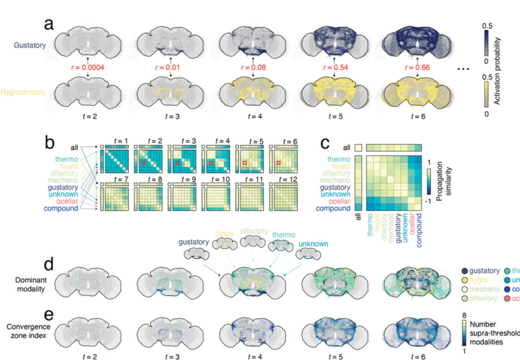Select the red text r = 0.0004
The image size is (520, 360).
88,69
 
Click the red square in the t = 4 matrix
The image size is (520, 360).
211,163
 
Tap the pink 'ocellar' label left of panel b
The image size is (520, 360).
67,201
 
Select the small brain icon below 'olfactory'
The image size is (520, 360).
252,241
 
